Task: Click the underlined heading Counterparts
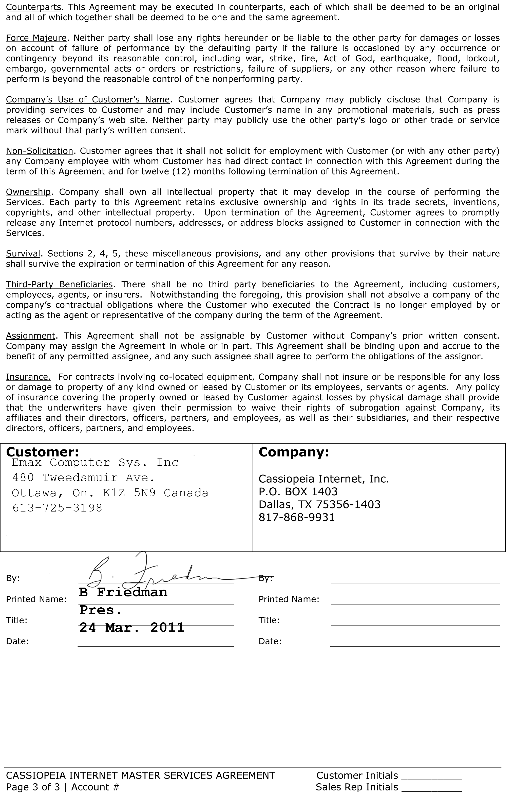point(33,7)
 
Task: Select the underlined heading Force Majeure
point(36,38)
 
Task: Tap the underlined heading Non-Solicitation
point(39,151)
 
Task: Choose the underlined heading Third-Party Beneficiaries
point(59,284)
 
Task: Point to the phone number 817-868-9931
point(296,517)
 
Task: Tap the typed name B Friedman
point(123,592)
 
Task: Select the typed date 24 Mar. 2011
point(132,628)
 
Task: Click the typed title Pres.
point(100,610)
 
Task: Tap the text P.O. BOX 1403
point(298,491)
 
